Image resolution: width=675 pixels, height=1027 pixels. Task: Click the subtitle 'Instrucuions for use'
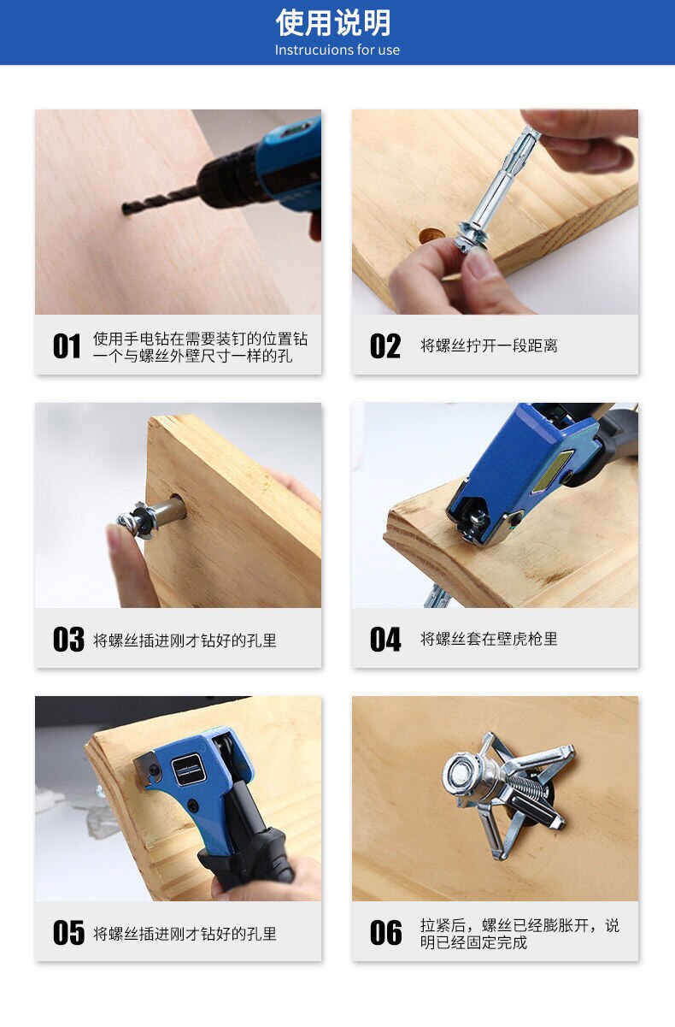[337, 50]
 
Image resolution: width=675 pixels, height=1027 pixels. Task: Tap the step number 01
[67, 346]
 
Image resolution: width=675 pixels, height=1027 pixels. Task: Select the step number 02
[384, 346]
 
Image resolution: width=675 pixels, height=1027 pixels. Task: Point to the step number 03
[67, 640]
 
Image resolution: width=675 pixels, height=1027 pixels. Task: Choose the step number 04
[384, 640]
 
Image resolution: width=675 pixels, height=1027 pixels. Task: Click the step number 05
[67, 933]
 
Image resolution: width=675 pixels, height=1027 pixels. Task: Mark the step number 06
[385, 933]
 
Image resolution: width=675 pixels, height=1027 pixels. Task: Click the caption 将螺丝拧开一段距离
[489, 346]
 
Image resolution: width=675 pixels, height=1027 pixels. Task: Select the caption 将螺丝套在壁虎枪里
[489, 639]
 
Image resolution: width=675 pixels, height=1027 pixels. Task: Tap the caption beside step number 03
[185, 640]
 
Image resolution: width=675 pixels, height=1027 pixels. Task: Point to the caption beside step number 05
[185, 934]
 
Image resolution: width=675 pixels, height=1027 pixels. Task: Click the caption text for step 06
[519, 934]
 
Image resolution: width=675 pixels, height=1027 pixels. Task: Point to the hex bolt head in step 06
[461, 776]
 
